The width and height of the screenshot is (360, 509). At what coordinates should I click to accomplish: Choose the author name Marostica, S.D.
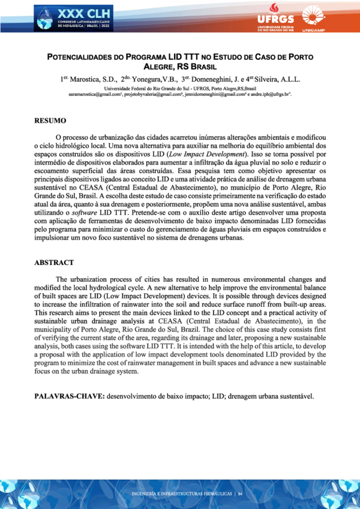click(x=94, y=79)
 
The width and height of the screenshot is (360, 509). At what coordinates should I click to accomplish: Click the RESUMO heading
click(x=50, y=121)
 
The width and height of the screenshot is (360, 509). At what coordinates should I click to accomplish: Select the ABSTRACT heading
click(x=54, y=263)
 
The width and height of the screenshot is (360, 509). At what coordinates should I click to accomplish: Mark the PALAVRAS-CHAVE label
click(x=69, y=397)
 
